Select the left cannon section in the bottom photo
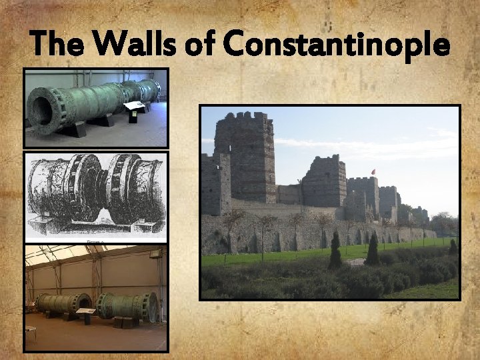tap(64, 304)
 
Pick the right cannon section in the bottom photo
tap(127, 307)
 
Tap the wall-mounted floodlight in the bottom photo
tap(155, 253)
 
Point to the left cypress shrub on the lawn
tap(335, 251)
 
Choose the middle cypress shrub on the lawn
tap(373, 249)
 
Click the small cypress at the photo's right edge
tap(453, 246)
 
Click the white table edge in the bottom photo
tap(30, 328)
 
